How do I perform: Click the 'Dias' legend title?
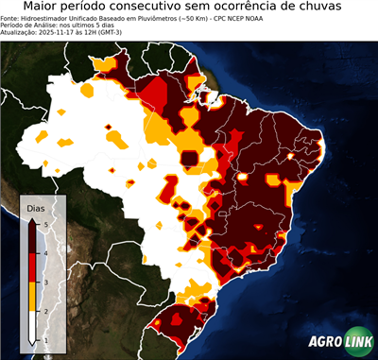34,207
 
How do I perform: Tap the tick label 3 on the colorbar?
45,282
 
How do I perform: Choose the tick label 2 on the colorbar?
45,310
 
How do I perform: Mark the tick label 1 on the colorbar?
45,339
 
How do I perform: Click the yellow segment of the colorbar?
34,296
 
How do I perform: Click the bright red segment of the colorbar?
34,267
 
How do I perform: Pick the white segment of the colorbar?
34,324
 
